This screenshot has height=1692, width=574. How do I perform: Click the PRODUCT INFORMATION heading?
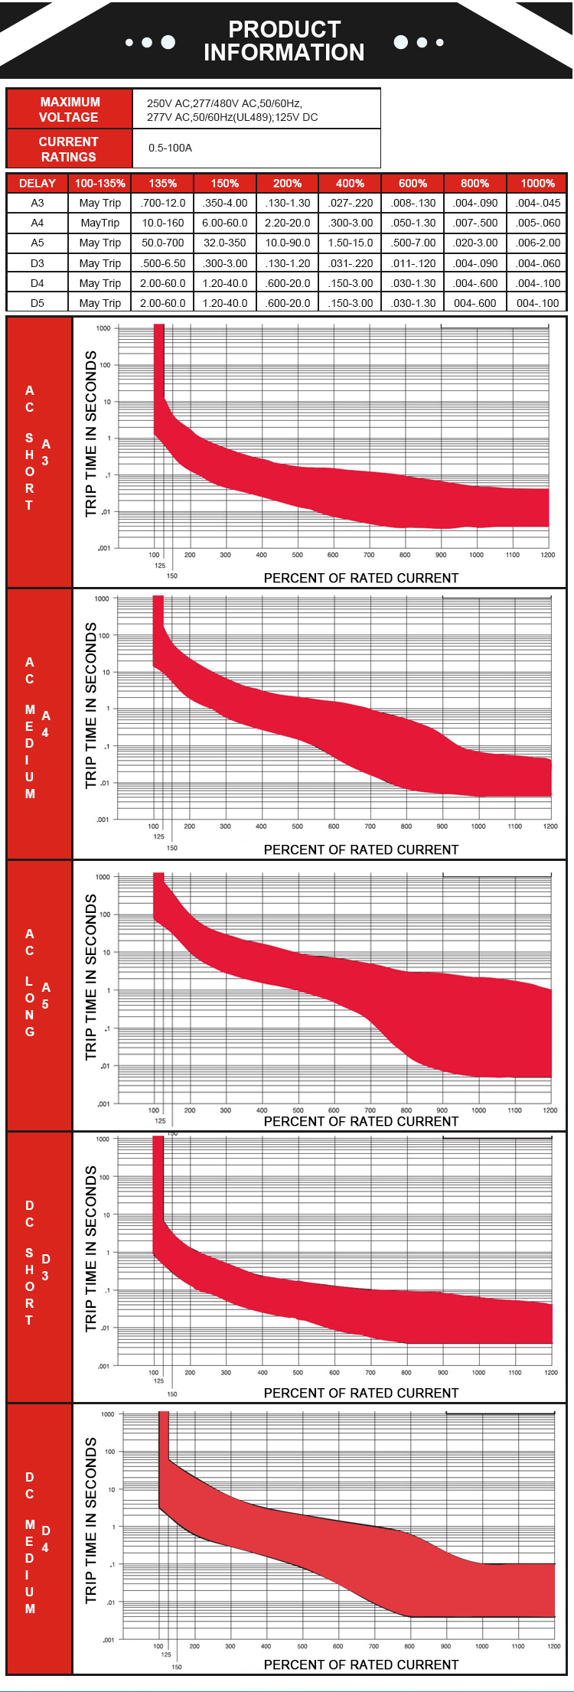(x=284, y=41)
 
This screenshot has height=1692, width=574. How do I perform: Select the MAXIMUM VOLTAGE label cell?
(x=69, y=109)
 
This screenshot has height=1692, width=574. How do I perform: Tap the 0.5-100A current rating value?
(x=170, y=148)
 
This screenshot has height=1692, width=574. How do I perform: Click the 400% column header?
(x=350, y=183)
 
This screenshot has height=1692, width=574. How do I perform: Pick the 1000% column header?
(x=537, y=183)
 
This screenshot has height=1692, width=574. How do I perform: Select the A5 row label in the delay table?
(x=38, y=243)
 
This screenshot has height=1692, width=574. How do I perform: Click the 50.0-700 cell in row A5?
(x=163, y=243)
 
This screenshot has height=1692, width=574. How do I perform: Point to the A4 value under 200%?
(x=287, y=223)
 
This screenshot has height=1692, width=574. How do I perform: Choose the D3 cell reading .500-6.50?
(x=163, y=263)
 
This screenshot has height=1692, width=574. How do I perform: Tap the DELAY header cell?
(x=38, y=183)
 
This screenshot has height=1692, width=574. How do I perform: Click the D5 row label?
(x=38, y=303)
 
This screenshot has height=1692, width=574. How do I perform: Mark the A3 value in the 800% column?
(x=475, y=203)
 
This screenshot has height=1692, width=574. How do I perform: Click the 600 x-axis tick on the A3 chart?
(x=333, y=555)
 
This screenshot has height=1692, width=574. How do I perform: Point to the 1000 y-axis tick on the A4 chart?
(x=102, y=598)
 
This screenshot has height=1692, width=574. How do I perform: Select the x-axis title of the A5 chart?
(x=361, y=1121)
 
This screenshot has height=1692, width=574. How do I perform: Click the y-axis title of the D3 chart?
(x=91, y=1249)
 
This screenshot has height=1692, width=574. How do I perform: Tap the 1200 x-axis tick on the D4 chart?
(x=553, y=1645)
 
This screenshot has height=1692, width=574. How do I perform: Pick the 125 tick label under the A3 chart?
(x=159, y=566)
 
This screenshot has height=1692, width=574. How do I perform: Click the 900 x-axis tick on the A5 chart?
(x=442, y=1110)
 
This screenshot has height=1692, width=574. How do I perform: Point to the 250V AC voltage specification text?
(x=225, y=103)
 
